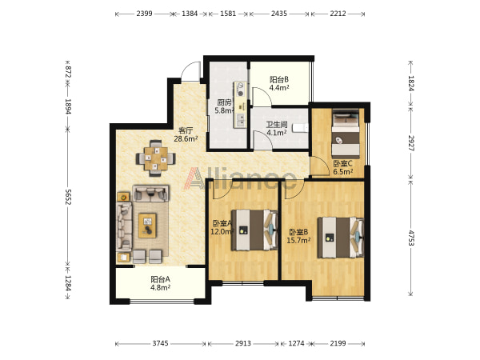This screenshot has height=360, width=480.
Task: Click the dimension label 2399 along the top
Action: click(x=144, y=14)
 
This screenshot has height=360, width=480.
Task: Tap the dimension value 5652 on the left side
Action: click(x=68, y=197)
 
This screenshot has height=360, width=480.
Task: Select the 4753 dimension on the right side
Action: click(x=411, y=238)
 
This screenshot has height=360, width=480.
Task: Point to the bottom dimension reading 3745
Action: click(x=161, y=343)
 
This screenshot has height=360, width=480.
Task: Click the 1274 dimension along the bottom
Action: click(x=296, y=343)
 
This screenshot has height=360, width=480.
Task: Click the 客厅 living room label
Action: click(x=186, y=130)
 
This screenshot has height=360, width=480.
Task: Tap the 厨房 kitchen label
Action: click(x=224, y=102)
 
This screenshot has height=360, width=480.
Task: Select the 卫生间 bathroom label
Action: click(x=277, y=125)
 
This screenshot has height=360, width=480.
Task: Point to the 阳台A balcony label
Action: click(x=160, y=279)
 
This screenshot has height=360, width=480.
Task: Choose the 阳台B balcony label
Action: click(x=279, y=79)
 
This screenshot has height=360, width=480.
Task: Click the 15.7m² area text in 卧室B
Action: click(x=298, y=240)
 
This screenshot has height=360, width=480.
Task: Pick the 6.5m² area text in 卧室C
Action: click(x=343, y=171)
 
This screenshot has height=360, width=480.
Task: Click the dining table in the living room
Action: click(x=156, y=158)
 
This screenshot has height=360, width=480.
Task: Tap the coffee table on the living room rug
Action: click(x=147, y=226)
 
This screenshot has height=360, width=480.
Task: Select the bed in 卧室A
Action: click(x=254, y=230)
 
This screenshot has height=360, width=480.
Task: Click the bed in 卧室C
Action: click(x=346, y=134)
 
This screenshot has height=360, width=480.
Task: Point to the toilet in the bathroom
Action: click(x=300, y=128)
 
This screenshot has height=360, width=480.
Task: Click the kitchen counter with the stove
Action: click(x=240, y=105)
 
